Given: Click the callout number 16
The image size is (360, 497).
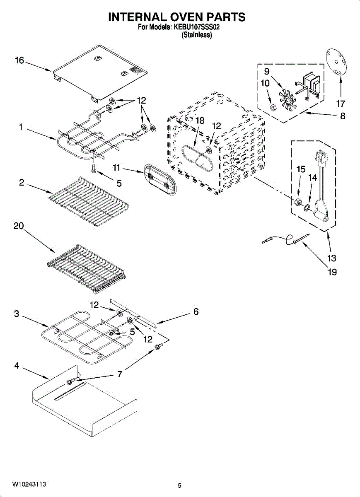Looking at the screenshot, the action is pos(19,60).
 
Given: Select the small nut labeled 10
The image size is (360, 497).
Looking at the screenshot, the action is pos(272,108).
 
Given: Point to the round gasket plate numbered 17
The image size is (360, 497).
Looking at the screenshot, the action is pos(337,63).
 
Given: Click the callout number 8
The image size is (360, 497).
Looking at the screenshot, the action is pos(343,116).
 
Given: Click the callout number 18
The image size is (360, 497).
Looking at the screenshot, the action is pos(200,121).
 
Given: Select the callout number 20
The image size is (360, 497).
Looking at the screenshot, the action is pos(19,226).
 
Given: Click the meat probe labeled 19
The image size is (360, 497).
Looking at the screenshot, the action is pos(286,239).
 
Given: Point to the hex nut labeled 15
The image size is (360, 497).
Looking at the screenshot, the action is pos(297,202).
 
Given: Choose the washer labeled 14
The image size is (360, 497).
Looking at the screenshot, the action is pos(307,207).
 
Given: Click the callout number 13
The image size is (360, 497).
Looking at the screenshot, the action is pos(331,258).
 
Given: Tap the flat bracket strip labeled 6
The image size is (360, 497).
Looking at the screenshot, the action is pos(133,313).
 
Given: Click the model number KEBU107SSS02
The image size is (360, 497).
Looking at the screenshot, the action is pos(196,27).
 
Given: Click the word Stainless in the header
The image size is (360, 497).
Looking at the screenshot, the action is pos(196,35).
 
